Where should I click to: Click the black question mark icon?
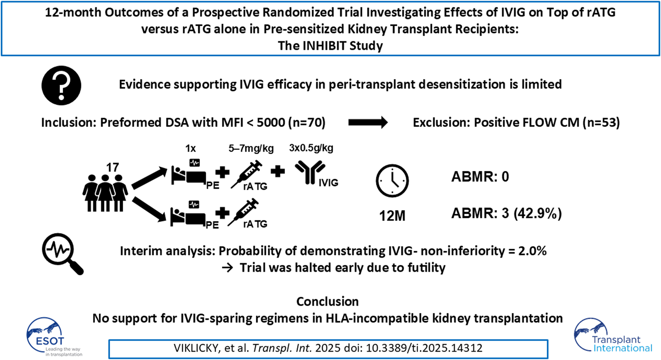(x=61, y=85)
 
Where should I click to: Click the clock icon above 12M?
(x=392, y=181)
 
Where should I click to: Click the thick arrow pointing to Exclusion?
(x=368, y=122)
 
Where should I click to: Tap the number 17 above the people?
(x=112, y=167)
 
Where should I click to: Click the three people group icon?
(x=105, y=193)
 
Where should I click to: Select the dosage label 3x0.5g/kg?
(x=311, y=148)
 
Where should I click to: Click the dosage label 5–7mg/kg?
(x=251, y=148)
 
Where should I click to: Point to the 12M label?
(x=392, y=216)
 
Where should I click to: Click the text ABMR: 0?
(x=480, y=176)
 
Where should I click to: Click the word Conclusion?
(x=328, y=301)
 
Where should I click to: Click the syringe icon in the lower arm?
(x=243, y=212)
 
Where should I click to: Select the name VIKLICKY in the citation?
(x=196, y=348)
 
